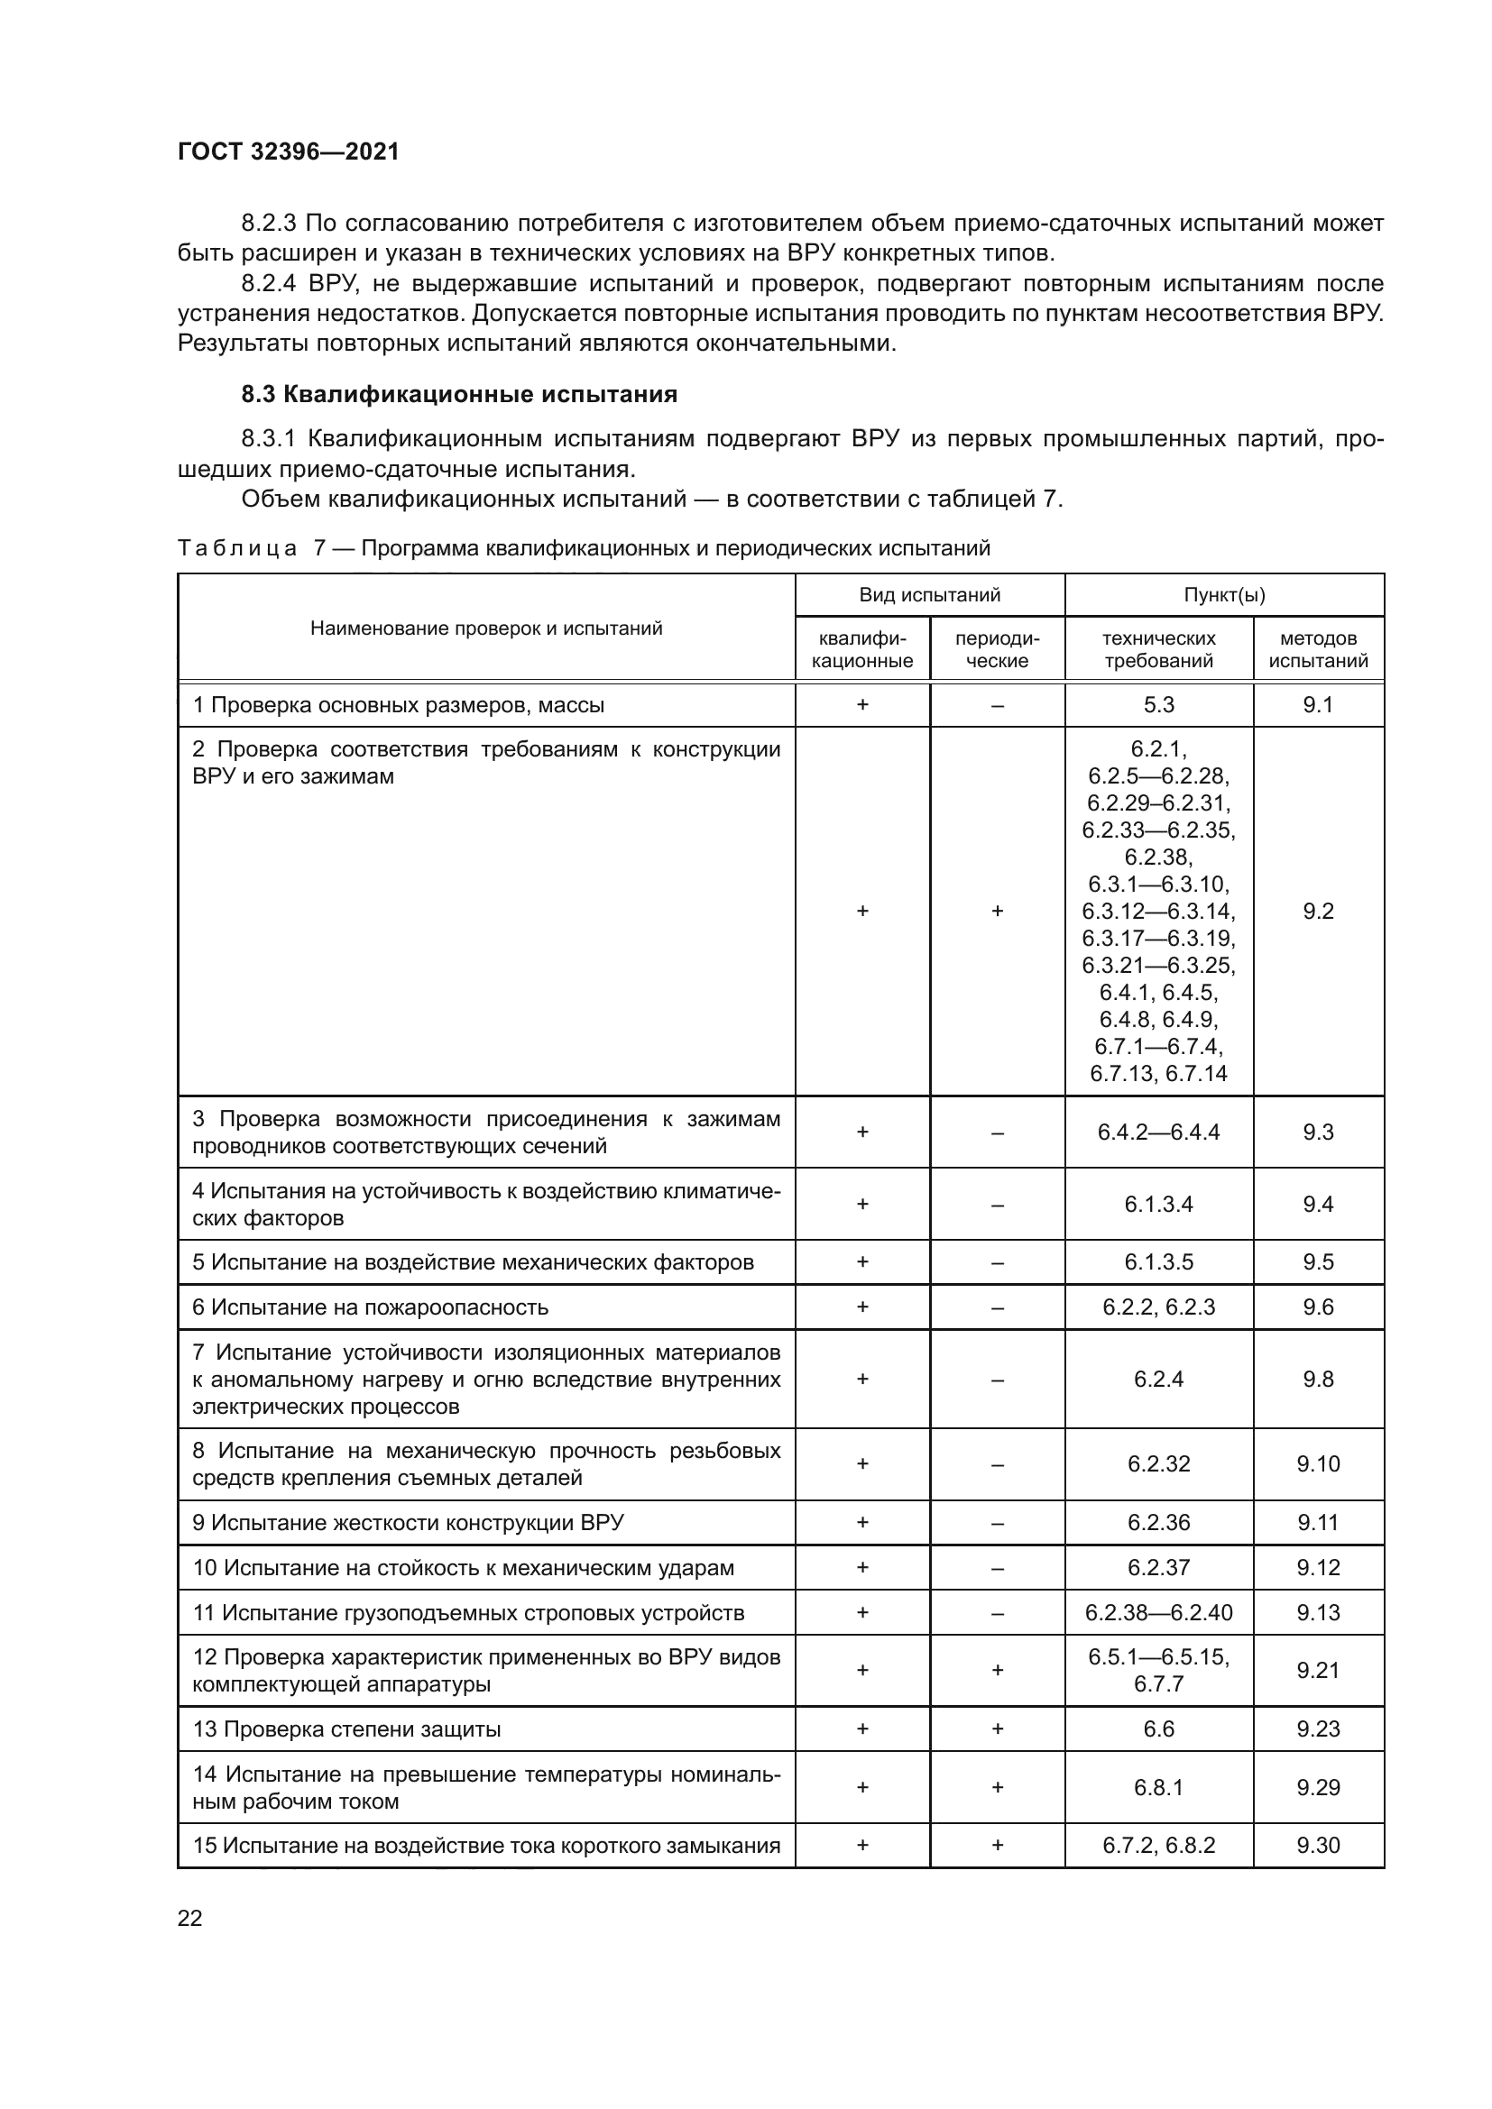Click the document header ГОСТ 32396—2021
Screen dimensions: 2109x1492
[x=289, y=151]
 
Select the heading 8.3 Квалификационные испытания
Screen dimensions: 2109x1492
[x=458, y=394]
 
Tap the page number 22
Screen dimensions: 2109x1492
[x=190, y=1918]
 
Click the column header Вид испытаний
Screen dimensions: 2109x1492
[x=929, y=594]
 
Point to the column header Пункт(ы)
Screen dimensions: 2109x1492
[x=1224, y=594]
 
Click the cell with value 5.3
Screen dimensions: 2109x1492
[x=1158, y=704]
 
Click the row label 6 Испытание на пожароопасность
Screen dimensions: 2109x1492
[x=370, y=1307]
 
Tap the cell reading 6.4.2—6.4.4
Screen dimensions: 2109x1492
[x=1158, y=1132]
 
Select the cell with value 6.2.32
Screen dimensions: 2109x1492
[x=1158, y=1463]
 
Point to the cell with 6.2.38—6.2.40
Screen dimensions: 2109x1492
[x=1158, y=1612]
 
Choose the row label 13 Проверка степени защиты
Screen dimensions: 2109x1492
[x=346, y=1728]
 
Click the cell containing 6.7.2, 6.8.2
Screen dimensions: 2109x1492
[x=1158, y=1846]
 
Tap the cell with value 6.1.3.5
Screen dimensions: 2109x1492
[x=1158, y=1261]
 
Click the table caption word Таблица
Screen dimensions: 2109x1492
[x=237, y=548]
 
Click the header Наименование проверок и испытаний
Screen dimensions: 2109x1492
[x=486, y=628]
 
